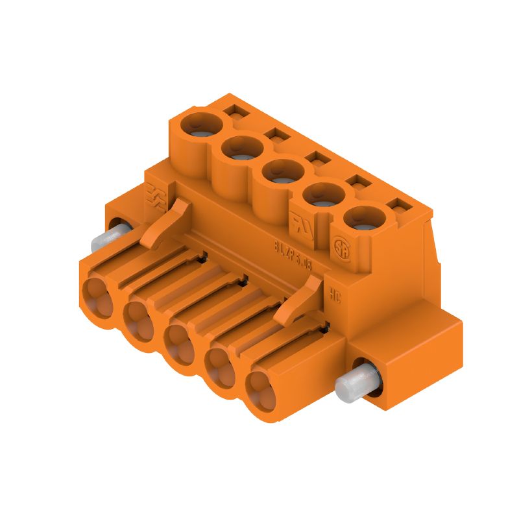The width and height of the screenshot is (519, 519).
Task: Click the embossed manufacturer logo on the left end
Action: click(x=155, y=195)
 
